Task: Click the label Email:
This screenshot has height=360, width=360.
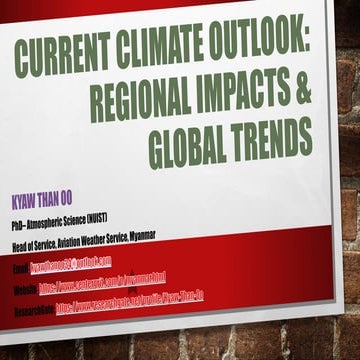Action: point(21,272)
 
